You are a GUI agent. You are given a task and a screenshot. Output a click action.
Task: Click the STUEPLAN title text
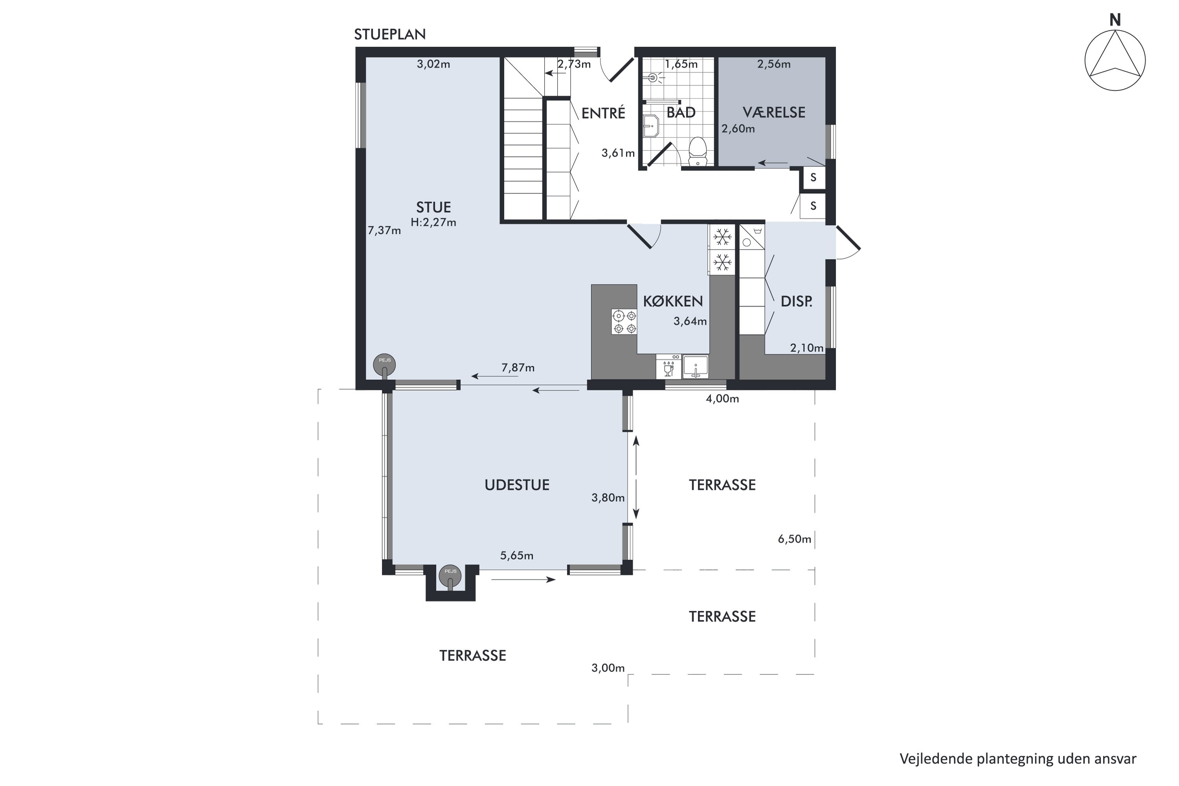389,34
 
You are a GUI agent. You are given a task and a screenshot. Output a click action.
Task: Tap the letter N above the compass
1115,20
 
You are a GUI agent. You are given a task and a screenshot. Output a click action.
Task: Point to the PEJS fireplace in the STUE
384,365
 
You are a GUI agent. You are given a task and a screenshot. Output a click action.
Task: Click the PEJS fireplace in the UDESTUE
450,577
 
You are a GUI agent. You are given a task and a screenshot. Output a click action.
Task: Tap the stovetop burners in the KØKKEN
624,322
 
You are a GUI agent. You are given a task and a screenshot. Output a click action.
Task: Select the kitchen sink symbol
696,367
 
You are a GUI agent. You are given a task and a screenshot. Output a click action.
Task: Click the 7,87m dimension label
518,368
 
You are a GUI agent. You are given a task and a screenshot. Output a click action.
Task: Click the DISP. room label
797,301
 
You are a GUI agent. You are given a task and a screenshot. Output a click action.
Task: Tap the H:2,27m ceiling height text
433,222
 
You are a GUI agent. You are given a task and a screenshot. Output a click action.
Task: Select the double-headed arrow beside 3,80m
636,477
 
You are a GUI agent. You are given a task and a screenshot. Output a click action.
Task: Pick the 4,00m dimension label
722,399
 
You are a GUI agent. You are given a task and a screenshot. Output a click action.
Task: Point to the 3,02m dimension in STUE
433,64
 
